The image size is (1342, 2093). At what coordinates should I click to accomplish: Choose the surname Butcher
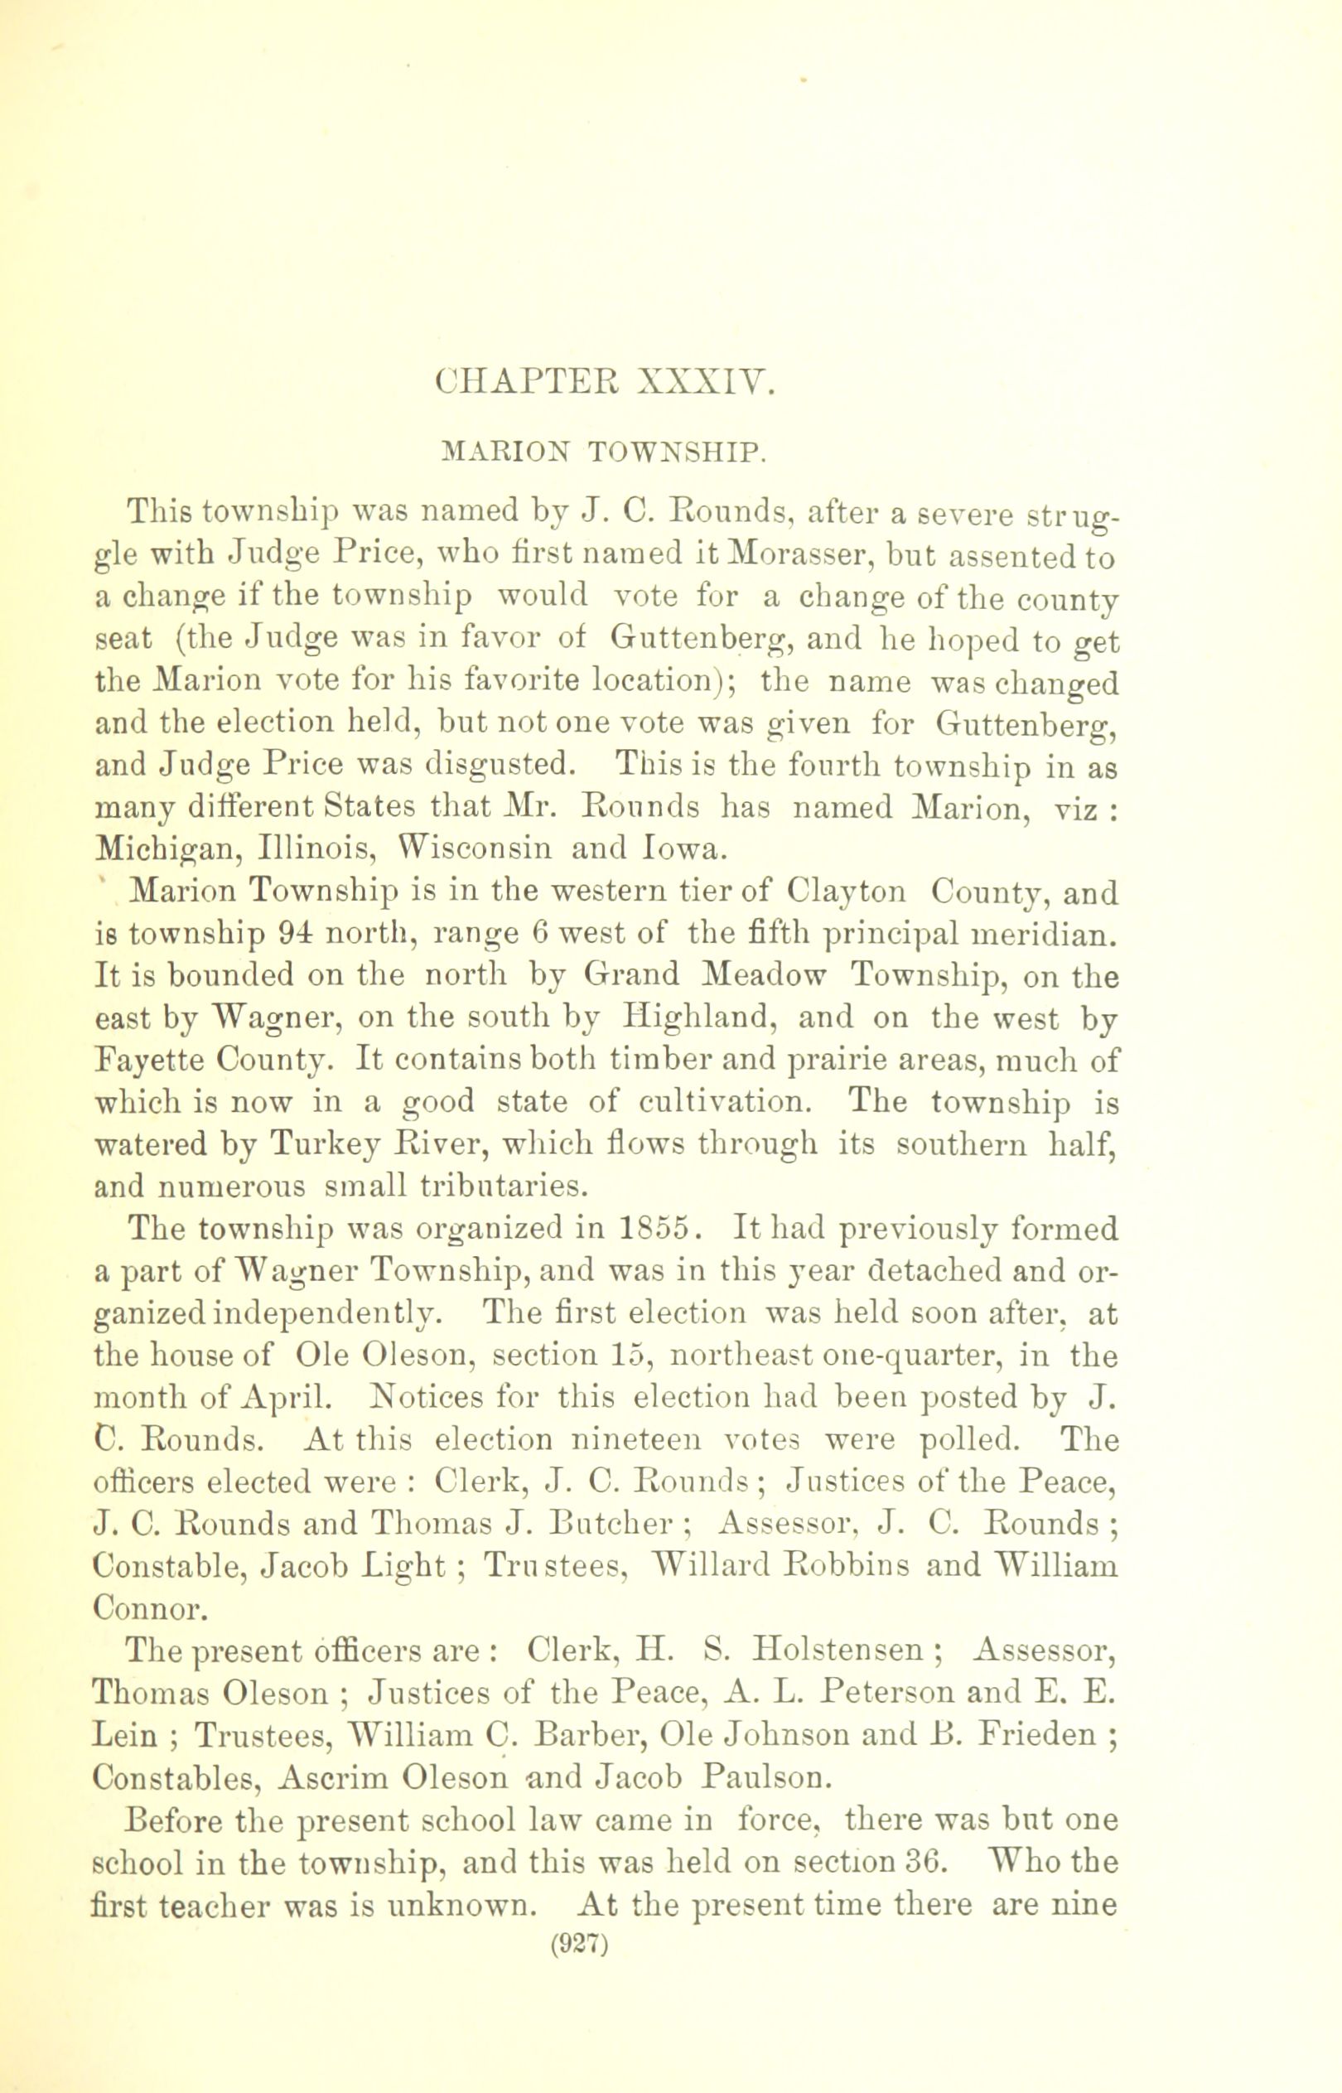(x=611, y=1524)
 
